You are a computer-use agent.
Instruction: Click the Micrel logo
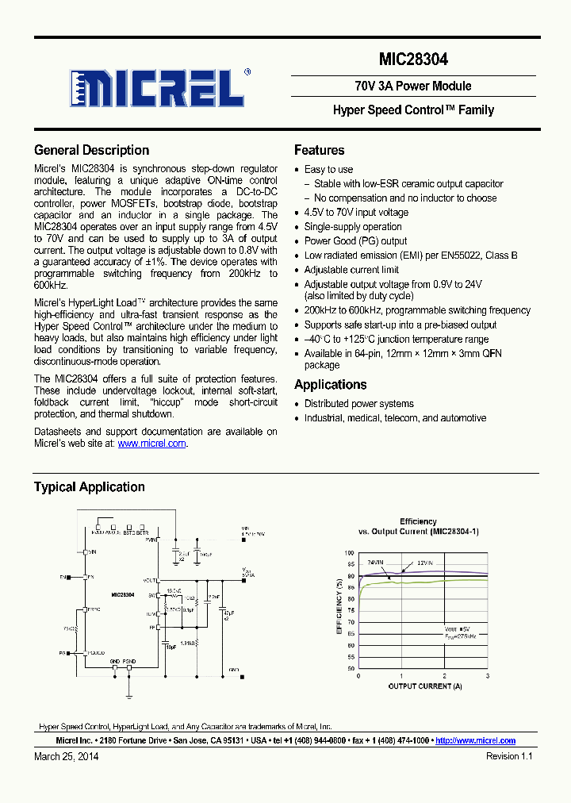(159, 87)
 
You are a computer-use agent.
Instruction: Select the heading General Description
(91, 150)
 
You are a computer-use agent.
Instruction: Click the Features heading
(319, 150)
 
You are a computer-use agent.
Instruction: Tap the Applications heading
(330, 385)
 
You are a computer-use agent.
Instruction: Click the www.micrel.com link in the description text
(151, 444)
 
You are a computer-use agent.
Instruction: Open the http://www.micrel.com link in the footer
(475, 740)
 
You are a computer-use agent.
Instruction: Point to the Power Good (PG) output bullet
(355, 241)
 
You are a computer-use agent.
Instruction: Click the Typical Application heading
(89, 487)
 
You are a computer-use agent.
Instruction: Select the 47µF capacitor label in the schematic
(228, 613)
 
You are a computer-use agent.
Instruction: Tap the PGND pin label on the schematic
(129, 661)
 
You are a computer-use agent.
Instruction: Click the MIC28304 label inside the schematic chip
(122, 594)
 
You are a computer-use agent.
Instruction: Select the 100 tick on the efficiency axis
(349, 552)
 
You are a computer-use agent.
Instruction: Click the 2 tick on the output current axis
(444, 676)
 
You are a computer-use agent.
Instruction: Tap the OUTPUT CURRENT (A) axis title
(424, 686)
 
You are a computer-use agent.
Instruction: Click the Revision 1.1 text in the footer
(508, 756)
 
